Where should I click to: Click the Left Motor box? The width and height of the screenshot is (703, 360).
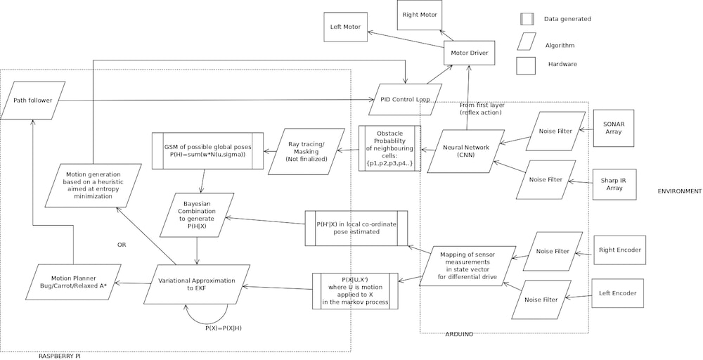pyautogui.click(x=345, y=27)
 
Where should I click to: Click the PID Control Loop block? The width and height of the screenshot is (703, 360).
pyautogui.click(x=404, y=99)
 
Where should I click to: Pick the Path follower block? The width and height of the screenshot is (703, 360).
pyautogui.click(x=33, y=100)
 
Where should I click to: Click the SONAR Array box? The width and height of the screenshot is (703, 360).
pyautogui.click(x=614, y=128)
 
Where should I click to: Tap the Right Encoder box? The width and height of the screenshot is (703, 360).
pyautogui.click(x=619, y=250)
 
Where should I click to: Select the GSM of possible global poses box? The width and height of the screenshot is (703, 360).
pyautogui.click(x=207, y=150)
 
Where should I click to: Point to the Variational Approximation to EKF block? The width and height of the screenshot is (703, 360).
pyautogui.click(x=196, y=284)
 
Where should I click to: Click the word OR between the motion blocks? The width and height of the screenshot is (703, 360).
pyautogui.click(x=121, y=245)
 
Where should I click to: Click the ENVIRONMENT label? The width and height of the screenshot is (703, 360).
pyautogui.click(x=679, y=191)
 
